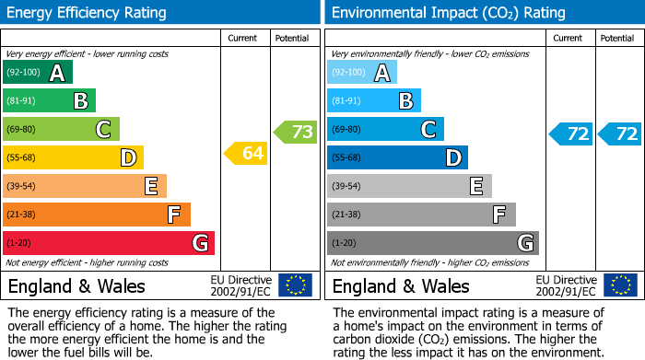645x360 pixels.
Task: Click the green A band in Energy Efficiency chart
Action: [x=38, y=73]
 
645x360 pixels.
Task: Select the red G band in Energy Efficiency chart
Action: [x=109, y=243]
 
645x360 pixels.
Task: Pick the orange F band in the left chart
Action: [x=97, y=215]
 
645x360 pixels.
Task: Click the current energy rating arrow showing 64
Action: [x=246, y=154]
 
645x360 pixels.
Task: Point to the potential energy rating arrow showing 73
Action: [x=296, y=132]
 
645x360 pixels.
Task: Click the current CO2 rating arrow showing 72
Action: [x=571, y=134]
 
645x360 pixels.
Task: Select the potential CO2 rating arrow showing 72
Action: [x=620, y=134]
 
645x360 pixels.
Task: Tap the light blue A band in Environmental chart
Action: [x=362, y=73]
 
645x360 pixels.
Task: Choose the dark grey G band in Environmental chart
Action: [x=433, y=243]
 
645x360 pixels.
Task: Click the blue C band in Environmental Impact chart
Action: [x=385, y=130]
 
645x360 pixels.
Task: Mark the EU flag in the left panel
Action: [x=295, y=285]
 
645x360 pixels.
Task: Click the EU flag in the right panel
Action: [x=619, y=285]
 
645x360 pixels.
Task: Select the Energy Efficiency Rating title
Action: [x=88, y=13]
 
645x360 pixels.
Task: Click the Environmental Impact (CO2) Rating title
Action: [x=448, y=13]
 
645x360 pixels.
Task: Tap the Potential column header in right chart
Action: [x=617, y=38]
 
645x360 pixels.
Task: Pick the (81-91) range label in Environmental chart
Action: [x=347, y=101]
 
